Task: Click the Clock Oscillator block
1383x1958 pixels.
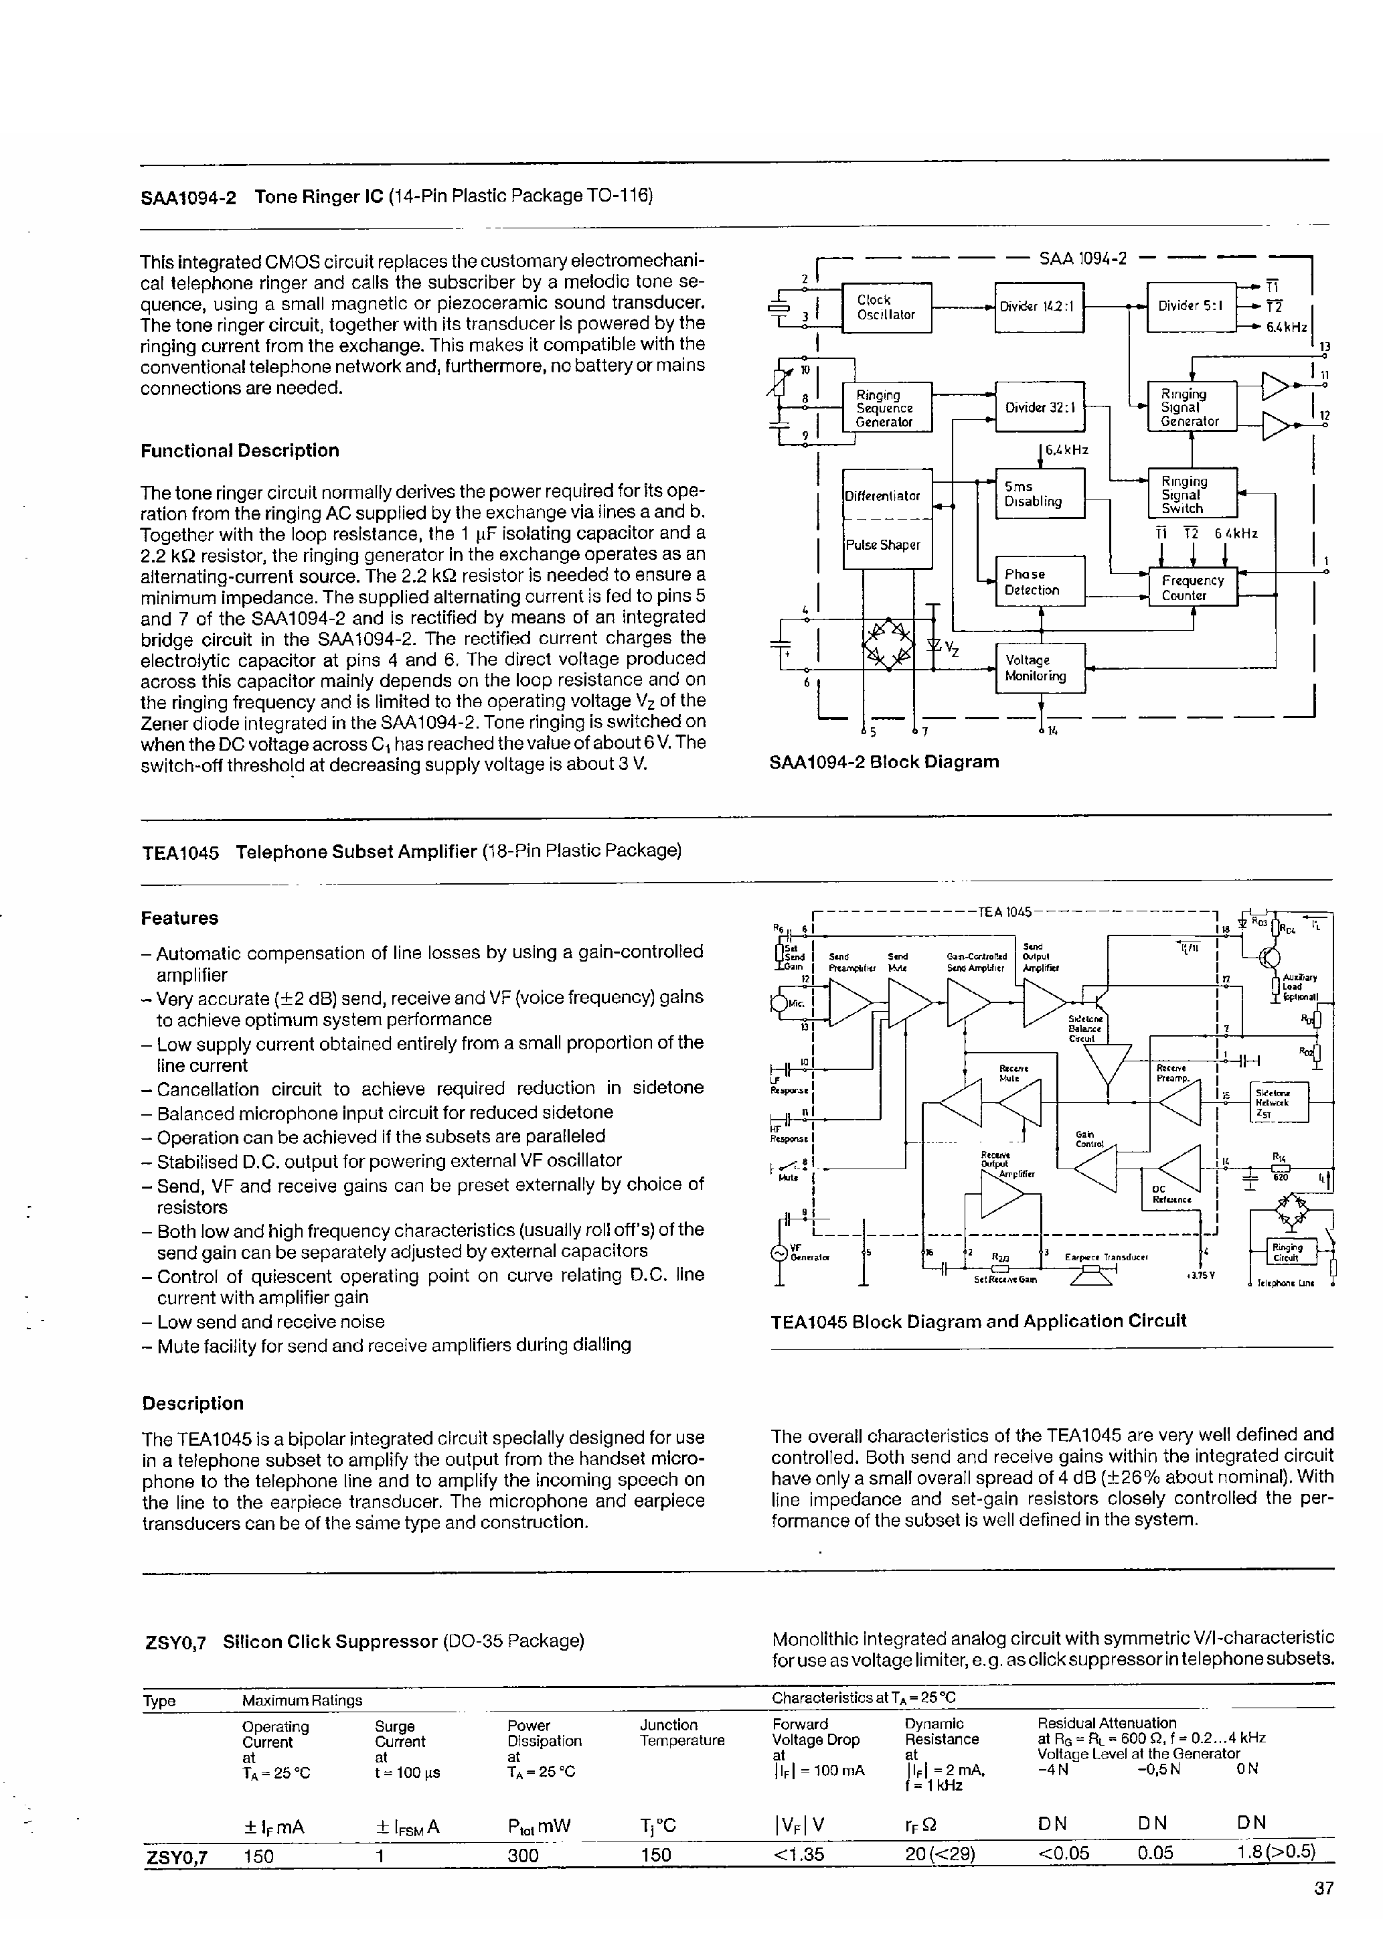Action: point(886,307)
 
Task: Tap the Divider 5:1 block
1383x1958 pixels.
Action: point(1191,306)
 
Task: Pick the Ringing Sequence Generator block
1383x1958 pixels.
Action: point(886,408)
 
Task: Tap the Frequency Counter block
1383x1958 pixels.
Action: point(1193,587)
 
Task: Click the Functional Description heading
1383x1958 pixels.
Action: point(240,450)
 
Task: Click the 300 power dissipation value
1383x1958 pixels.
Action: point(523,1855)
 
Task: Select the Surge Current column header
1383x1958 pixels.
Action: point(399,1734)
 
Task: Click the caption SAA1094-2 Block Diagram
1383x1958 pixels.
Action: point(884,761)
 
